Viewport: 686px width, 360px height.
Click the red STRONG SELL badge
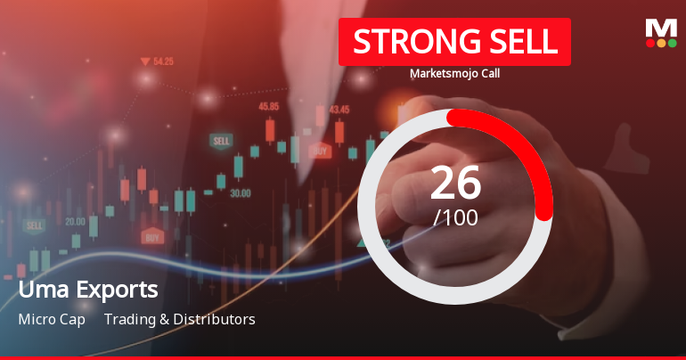coord(454,42)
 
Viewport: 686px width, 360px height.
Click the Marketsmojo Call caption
coord(454,74)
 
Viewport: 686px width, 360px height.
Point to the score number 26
coord(455,183)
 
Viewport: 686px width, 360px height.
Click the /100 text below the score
coord(455,217)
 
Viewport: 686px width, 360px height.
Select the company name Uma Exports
coord(88,290)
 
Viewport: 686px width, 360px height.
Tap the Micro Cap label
coord(52,319)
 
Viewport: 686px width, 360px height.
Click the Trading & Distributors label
coord(179,319)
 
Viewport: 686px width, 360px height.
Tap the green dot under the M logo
coord(673,43)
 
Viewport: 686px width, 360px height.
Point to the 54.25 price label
coord(163,61)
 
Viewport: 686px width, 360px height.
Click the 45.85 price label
coord(268,106)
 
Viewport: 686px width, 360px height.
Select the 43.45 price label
coord(339,110)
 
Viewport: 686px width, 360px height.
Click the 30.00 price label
coord(240,192)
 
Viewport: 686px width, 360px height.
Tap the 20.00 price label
coord(75,221)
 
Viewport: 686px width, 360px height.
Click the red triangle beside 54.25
coord(144,61)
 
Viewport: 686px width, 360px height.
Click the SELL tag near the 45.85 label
coord(220,141)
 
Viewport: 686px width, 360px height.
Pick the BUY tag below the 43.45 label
coord(320,151)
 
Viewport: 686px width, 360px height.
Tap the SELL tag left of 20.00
coord(35,225)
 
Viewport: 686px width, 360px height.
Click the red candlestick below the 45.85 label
coord(269,131)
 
